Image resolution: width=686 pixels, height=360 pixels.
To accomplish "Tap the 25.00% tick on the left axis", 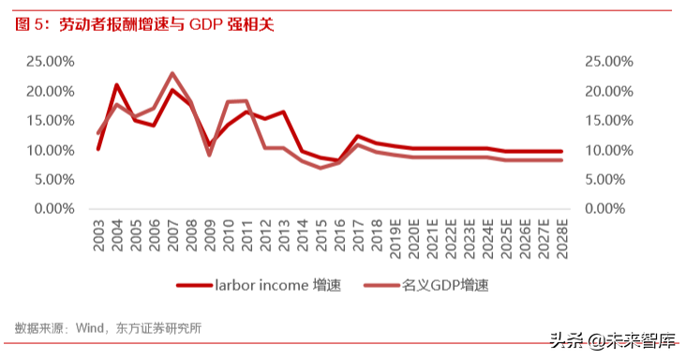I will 49,62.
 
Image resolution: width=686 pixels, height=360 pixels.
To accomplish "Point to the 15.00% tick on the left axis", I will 49,121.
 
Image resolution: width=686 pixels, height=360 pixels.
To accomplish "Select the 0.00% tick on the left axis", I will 52,209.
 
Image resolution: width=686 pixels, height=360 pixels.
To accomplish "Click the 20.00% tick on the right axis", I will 609,92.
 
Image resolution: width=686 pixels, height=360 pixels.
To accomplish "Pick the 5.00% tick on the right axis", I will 613,180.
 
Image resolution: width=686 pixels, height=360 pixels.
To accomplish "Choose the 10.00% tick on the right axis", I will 609,150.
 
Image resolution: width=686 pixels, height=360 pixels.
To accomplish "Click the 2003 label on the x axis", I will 98,240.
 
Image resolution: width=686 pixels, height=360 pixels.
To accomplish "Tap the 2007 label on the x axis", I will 172,240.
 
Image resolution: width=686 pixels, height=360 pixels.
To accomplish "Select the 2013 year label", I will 283,240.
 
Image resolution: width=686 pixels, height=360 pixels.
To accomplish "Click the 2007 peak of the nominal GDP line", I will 172,73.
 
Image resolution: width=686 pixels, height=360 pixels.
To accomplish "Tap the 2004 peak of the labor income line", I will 117,85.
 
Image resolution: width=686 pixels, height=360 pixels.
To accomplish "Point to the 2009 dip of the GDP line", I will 209,154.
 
